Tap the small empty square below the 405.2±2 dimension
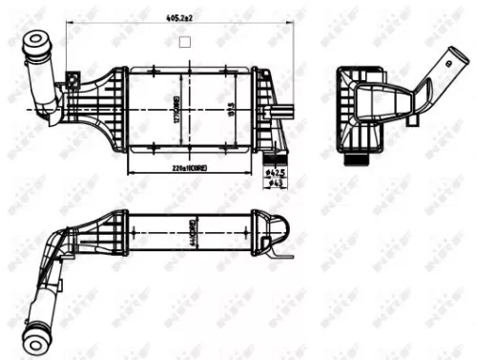tap(185, 41)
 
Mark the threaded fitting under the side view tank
tap(360, 156)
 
